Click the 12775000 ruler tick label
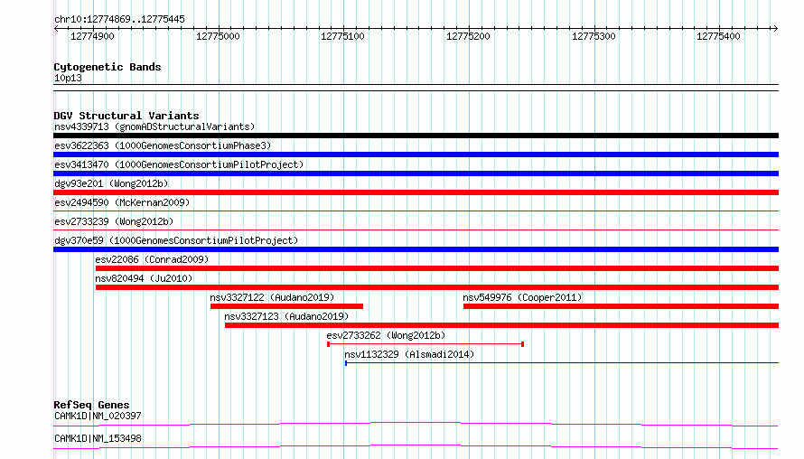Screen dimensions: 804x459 point(218,36)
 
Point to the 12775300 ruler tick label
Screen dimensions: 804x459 point(594,36)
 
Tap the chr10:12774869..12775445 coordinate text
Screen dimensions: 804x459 point(119,20)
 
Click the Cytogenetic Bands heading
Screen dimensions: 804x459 point(108,67)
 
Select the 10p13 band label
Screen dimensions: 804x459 point(68,78)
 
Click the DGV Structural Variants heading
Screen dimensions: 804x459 point(126,116)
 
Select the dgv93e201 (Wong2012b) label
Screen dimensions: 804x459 point(111,183)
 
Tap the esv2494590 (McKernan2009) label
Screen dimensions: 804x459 point(122,202)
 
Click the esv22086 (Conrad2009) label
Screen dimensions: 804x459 point(152,259)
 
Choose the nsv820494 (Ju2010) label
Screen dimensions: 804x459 point(144,278)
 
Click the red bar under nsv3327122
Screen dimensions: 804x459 point(286,306)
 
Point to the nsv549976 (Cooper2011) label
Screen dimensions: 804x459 point(522,297)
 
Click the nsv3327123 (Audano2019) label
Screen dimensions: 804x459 point(286,316)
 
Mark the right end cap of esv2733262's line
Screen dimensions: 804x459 point(522,344)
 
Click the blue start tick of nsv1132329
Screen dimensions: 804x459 point(346,363)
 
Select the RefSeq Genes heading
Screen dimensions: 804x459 point(91,405)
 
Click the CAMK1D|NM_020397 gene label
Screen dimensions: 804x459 point(98,416)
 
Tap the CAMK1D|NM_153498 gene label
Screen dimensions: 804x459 point(98,438)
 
